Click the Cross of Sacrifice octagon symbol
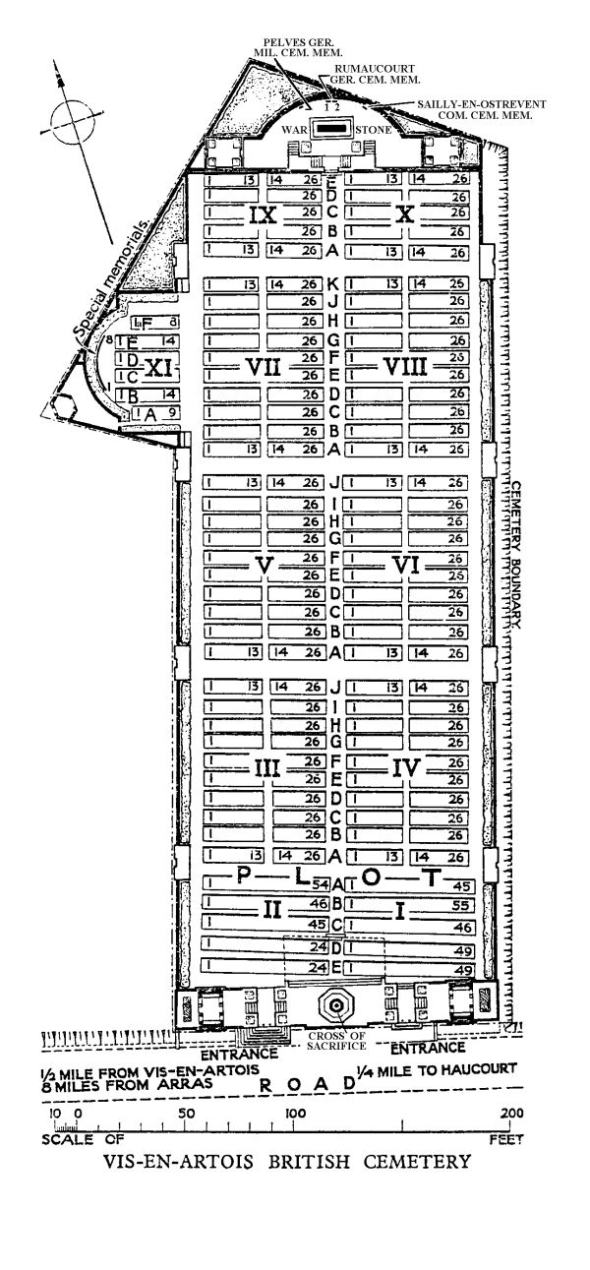(335, 1006)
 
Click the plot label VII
(264, 367)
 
